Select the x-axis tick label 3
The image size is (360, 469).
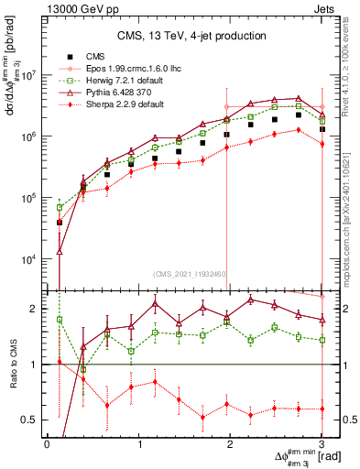322,444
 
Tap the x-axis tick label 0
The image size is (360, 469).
47,444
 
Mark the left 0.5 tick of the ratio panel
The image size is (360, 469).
33,420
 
